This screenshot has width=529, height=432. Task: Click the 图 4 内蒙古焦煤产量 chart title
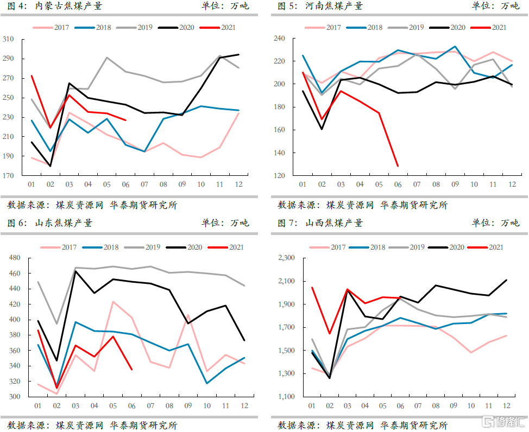click(54, 6)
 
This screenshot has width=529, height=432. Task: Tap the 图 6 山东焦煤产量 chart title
click(49, 223)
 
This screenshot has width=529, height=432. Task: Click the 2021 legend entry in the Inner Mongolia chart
click(218, 27)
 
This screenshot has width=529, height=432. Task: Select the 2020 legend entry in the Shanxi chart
click(448, 247)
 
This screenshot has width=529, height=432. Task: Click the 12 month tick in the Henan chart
click(512, 185)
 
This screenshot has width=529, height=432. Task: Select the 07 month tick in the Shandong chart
click(150, 405)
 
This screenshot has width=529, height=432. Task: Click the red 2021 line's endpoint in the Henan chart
click(398, 166)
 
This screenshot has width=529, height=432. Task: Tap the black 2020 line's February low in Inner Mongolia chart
click(51, 166)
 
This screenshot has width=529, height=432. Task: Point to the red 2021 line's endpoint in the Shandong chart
click(132, 370)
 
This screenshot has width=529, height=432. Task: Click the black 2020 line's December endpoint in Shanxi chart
click(507, 280)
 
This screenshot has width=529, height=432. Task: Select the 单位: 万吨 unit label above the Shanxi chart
click(495, 223)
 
